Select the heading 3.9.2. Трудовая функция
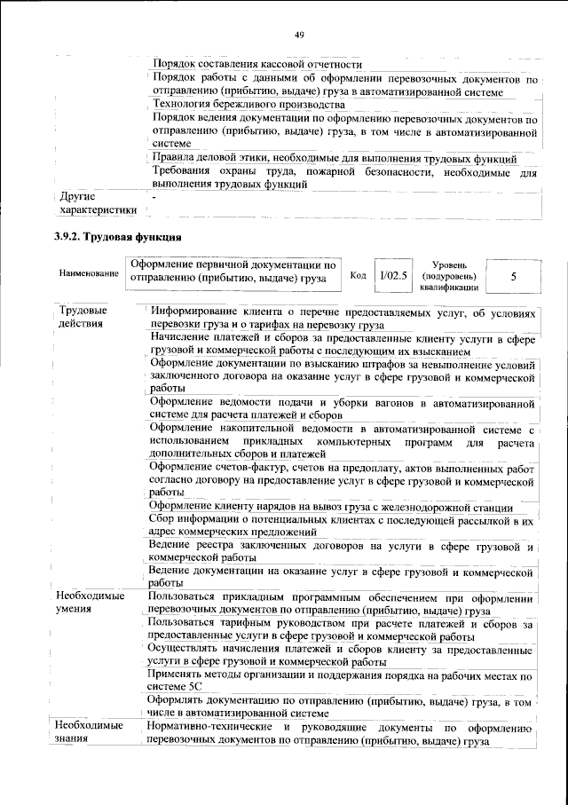tap(117, 237)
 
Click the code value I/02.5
tap(393, 276)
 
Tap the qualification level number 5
tap(513, 277)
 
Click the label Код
tap(359, 276)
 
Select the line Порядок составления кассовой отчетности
tap(256, 65)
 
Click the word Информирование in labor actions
tap(197, 312)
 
